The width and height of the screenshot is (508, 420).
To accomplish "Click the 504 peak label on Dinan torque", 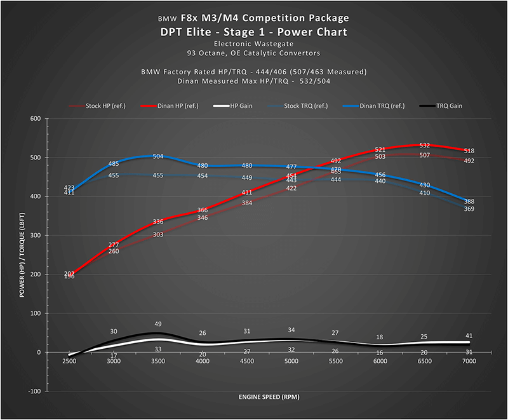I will pos(159,156).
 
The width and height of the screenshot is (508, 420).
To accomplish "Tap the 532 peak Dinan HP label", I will pos(425,146).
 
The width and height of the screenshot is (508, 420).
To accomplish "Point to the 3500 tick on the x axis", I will pos(159,361).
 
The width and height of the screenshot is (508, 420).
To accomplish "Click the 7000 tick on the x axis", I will pos(469,361).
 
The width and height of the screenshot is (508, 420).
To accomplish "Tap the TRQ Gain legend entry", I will pos(446,105).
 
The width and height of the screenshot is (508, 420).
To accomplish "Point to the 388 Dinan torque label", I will pos(469,201).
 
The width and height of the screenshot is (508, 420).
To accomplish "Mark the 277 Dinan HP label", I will pos(114,245).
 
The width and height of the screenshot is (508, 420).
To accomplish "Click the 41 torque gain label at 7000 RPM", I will pos(469,335).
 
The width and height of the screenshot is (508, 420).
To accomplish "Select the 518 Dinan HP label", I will pos(469,151).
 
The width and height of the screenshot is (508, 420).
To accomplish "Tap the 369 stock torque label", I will pos(469,209).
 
